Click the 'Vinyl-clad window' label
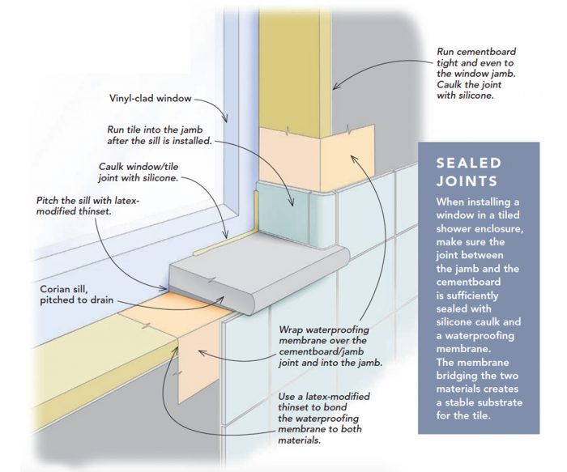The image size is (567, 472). [151, 98]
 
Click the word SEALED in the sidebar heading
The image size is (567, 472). [469, 163]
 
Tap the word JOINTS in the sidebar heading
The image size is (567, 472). [467, 181]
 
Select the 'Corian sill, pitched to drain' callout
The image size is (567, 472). [77, 295]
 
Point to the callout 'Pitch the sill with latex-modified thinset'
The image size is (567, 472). [87, 206]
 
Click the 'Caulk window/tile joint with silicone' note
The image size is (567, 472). [139, 172]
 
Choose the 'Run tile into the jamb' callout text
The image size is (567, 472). [160, 135]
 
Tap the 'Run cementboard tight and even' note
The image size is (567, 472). [476, 74]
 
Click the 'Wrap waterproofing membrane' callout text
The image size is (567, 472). [330, 346]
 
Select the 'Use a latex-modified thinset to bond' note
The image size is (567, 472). [324, 418]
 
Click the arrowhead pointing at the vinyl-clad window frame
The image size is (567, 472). [226, 118]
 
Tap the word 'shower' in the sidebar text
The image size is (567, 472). [454, 229]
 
